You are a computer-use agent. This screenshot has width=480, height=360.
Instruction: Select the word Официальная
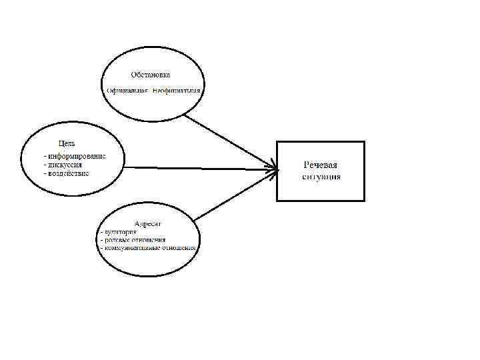(127, 90)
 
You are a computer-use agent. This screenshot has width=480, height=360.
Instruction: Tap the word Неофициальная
(176, 90)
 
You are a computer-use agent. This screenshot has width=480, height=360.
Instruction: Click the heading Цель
(66, 143)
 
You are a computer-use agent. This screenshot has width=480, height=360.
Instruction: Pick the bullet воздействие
(67, 173)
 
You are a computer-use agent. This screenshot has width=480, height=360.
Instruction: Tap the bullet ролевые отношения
(133, 240)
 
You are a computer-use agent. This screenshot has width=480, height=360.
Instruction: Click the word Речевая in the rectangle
(321, 165)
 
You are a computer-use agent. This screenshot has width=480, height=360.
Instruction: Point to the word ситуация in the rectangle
(321, 177)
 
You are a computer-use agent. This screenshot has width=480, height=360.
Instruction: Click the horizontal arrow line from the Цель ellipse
(200, 167)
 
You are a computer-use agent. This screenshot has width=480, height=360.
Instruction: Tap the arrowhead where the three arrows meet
(274, 169)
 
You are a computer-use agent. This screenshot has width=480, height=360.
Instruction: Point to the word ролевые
(115, 240)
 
